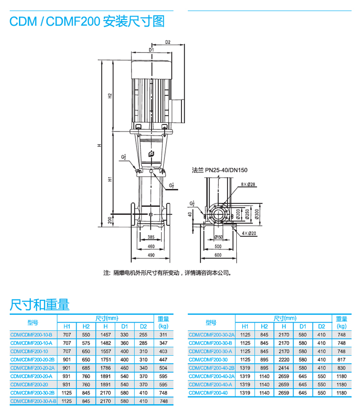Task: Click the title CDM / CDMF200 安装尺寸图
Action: pyautogui.click(x=87, y=21)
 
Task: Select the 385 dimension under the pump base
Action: pyautogui.click(x=151, y=237)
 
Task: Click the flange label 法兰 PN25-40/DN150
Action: pyautogui.click(x=220, y=170)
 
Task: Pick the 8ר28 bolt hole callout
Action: pyautogui.click(x=248, y=185)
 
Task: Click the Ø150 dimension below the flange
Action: pyautogui.click(x=218, y=237)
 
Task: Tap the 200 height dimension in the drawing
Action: pyautogui.click(x=110, y=221)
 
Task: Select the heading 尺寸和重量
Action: pyautogui.click(x=39, y=305)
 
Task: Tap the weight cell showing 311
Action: pyautogui.click(x=163, y=334)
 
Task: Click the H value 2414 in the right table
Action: pyautogui.click(x=284, y=368)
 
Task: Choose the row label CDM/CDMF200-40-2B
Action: pyautogui.click(x=211, y=368)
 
